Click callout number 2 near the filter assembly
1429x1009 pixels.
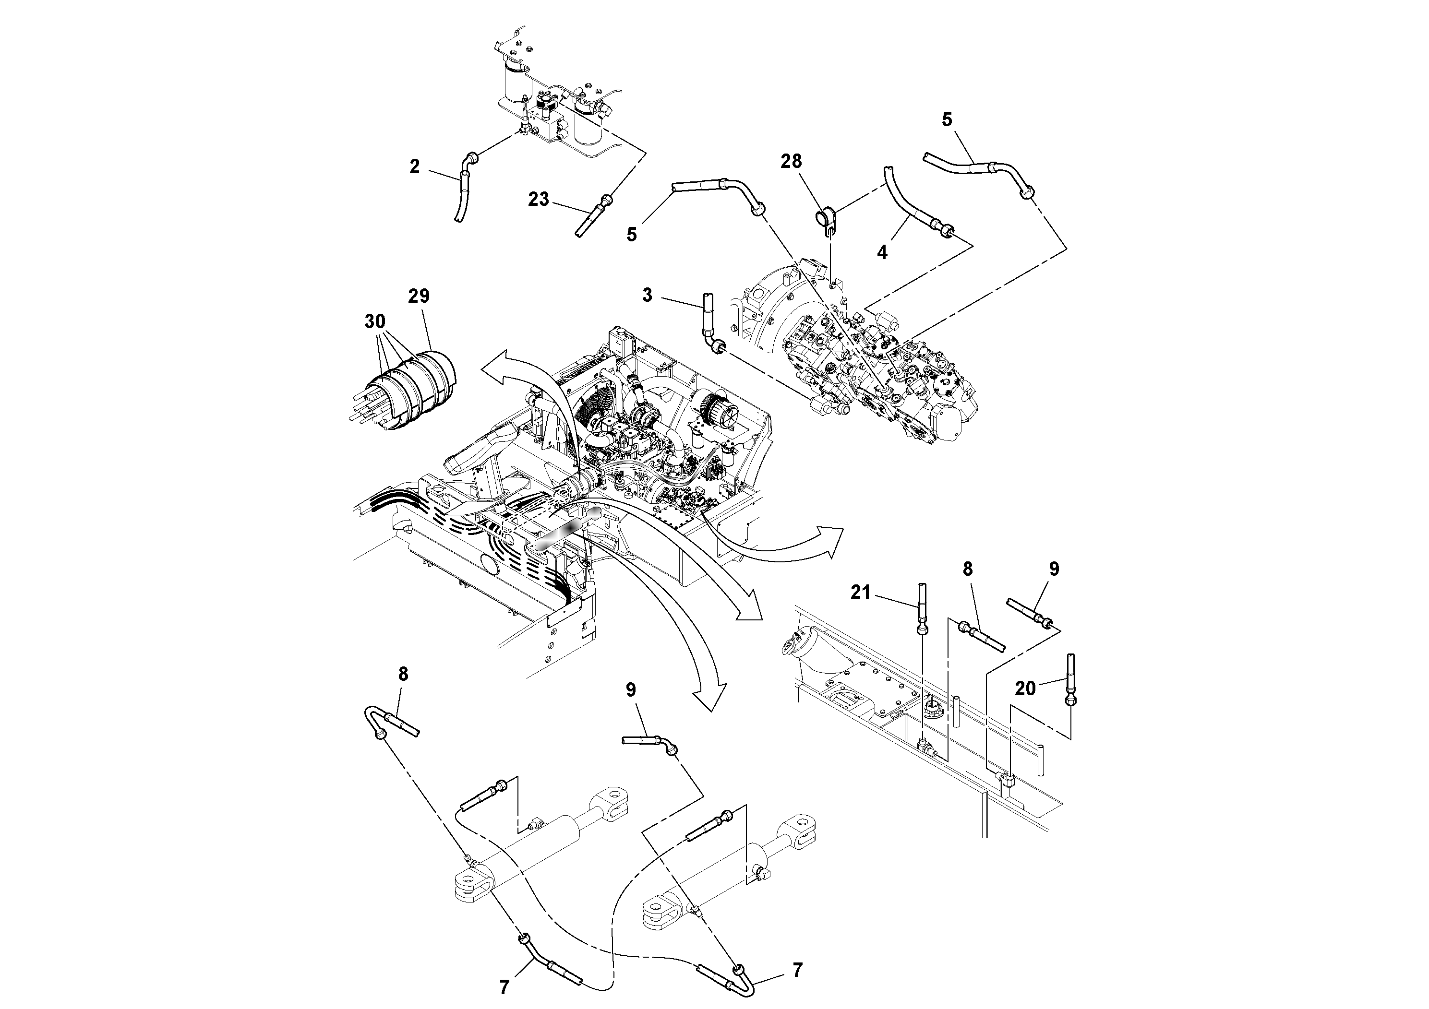415,166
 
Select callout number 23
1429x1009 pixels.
539,199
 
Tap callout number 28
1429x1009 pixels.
791,162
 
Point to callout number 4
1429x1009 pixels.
882,252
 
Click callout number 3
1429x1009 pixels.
647,295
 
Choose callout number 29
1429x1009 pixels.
419,296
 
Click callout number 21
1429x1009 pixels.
860,593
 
